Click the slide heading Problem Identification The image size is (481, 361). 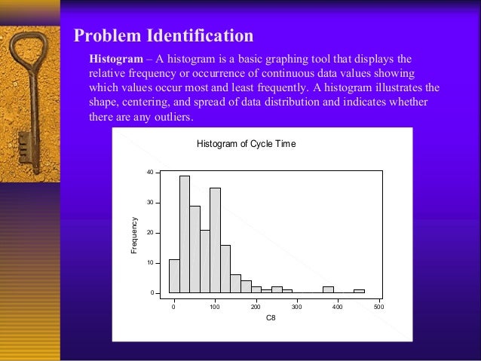[163, 35]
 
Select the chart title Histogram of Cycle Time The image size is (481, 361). [246, 143]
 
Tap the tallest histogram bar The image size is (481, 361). [185, 234]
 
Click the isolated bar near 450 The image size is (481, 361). [359, 291]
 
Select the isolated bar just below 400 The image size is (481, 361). [328, 289]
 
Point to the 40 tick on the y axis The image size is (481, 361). [150, 173]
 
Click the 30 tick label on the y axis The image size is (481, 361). [150, 203]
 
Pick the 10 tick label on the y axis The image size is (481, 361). [150, 263]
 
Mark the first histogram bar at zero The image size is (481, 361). [174, 276]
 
